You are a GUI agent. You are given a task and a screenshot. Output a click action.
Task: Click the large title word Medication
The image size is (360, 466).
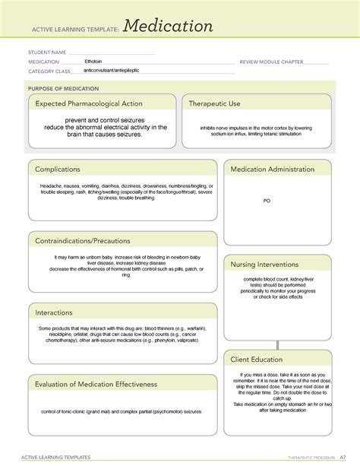169,27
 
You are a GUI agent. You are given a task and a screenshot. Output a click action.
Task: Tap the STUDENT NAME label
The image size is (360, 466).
46,52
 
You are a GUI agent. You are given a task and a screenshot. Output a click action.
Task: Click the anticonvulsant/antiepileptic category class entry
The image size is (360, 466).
112,70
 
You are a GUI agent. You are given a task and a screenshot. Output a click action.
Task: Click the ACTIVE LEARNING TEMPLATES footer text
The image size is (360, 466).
59,458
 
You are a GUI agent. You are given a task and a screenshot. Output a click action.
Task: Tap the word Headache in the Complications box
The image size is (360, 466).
52,185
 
